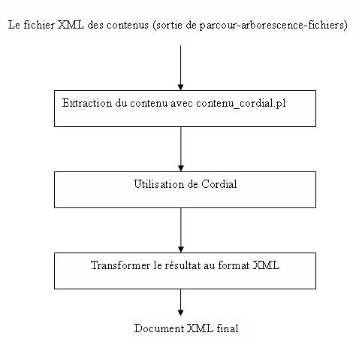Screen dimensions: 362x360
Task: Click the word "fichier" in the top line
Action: pyautogui.click(x=39, y=25)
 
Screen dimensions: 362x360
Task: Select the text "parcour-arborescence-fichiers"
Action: pyautogui.click(x=272, y=26)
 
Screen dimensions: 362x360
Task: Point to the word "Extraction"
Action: pyautogui.click(x=87, y=103)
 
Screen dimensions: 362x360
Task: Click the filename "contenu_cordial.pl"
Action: pyautogui.click(x=241, y=104)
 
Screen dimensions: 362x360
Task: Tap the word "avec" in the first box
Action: pyautogui.click(x=182, y=104)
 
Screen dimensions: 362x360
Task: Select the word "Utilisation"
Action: pyautogui.click(x=158, y=184)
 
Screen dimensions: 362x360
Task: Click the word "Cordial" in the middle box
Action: pyautogui.click(x=219, y=184)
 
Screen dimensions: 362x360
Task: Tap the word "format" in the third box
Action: pyautogui.click(x=234, y=265)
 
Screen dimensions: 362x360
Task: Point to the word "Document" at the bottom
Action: pyautogui.click(x=159, y=328)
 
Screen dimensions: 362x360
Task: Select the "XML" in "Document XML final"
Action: pyautogui.click(x=201, y=328)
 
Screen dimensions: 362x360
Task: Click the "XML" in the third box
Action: pyautogui.click(x=266, y=265)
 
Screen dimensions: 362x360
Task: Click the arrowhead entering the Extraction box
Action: pyautogui.click(x=180, y=87)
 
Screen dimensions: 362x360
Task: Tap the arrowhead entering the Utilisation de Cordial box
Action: pyautogui.click(x=181, y=168)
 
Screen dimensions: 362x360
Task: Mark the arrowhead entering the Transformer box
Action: pyautogui.click(x=181, y=250)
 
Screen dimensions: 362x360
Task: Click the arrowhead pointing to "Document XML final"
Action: pyautogui.click(x=180, y=313)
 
